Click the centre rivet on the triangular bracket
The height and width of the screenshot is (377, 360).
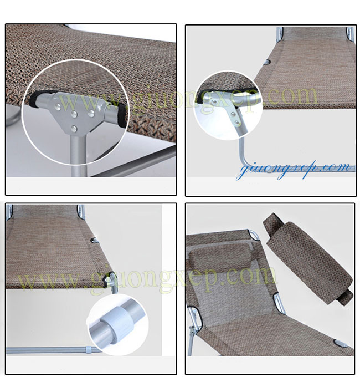74,114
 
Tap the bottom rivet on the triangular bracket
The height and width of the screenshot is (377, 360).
74,129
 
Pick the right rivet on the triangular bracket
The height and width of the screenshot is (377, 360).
91,113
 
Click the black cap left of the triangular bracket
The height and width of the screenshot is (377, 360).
34,99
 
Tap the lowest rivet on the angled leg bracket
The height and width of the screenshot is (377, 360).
237,123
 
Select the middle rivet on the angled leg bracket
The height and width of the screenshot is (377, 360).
233,114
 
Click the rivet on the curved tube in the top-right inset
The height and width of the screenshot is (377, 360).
213,103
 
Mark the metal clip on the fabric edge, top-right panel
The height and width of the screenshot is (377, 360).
267,63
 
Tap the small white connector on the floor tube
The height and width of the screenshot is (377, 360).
89,350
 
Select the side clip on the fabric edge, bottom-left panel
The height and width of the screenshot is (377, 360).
94,240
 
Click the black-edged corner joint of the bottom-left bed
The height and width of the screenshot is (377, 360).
107,279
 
